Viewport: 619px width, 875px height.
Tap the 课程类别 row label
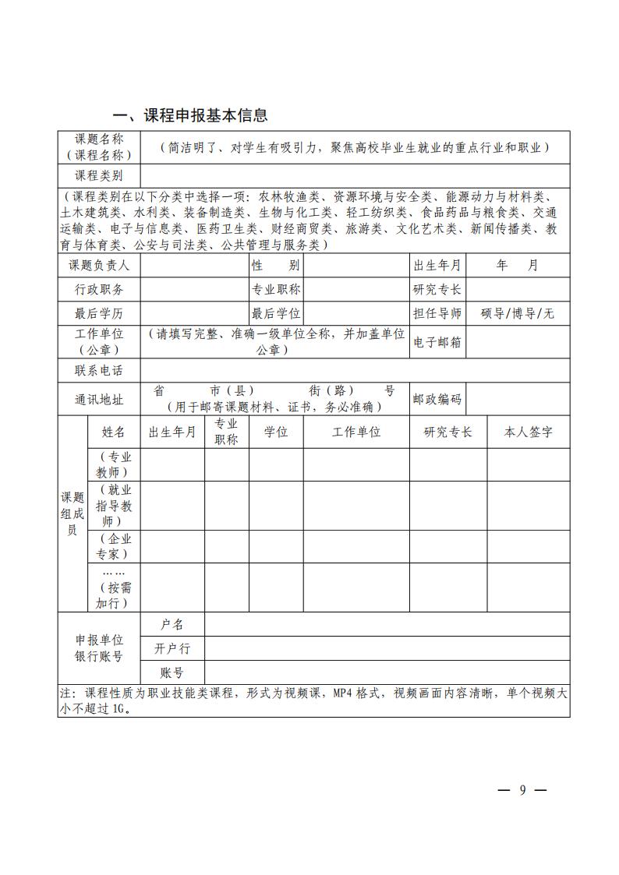[98, 175]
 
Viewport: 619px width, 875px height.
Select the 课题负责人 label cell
[98, 265]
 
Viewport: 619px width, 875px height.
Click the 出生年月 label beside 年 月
[437, 265]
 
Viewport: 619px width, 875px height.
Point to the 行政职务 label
[98, 290]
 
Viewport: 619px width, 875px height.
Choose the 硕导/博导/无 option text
[517, 314]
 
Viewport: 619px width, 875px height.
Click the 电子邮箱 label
[437, 342]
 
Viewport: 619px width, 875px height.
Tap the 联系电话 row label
[98, 370]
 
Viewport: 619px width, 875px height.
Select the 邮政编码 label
[437, 400]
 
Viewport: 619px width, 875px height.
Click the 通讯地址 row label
[98, 400]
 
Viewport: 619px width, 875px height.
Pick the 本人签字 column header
[529, 432]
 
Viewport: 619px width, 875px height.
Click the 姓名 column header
[114, 432]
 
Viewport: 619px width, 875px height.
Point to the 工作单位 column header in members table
[356, 432]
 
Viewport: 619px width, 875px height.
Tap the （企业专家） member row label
[114, 546]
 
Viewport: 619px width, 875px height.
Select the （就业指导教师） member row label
[114, 505]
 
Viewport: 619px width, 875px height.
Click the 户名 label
[172, 624]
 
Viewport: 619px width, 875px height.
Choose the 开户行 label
[172, 648]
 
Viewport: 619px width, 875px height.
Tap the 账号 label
[172, 672]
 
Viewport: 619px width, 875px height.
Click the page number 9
[522, 790]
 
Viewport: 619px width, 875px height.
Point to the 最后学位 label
[276, 314]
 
